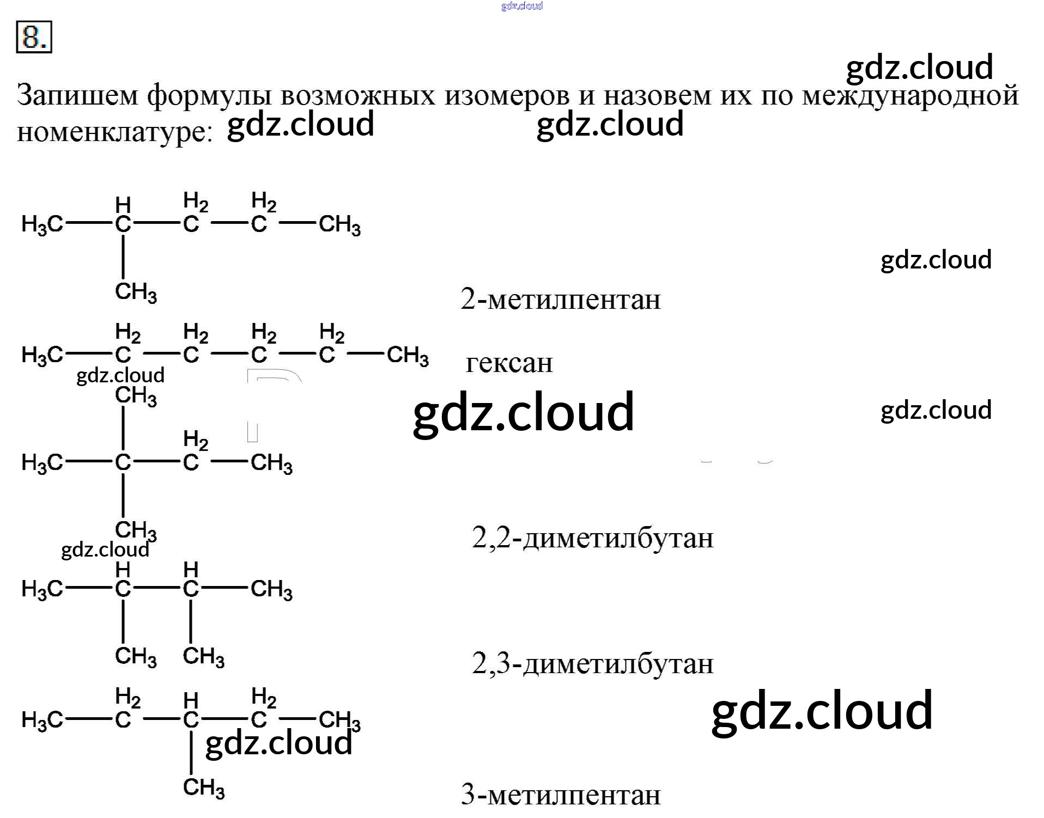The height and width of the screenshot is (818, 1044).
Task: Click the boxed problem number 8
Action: point(34,37)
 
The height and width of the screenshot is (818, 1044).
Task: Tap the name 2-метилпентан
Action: point(560,300)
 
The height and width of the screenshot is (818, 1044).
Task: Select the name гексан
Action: point(509,363)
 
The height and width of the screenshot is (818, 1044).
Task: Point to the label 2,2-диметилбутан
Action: point(592,538)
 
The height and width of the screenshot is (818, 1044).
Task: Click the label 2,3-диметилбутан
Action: point(592,664)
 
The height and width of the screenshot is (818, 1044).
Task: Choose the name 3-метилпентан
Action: point(560,795)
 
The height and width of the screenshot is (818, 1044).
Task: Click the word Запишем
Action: point(77,96)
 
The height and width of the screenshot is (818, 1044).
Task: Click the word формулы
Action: point(209,96)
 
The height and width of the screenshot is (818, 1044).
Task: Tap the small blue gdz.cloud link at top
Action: point(521,6)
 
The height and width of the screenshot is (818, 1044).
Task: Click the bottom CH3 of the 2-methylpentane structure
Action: point(136,292)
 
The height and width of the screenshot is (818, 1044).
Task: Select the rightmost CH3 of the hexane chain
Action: point(408,356)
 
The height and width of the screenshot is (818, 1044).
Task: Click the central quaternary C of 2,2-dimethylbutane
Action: point(123,462)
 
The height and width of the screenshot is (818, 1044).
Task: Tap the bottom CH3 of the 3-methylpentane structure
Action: point(203,788)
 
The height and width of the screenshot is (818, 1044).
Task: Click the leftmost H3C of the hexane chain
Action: point(42,356)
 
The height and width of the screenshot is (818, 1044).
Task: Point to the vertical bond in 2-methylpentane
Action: point(123,257)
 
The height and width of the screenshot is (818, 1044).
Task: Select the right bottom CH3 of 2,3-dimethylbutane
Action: point(203,657)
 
